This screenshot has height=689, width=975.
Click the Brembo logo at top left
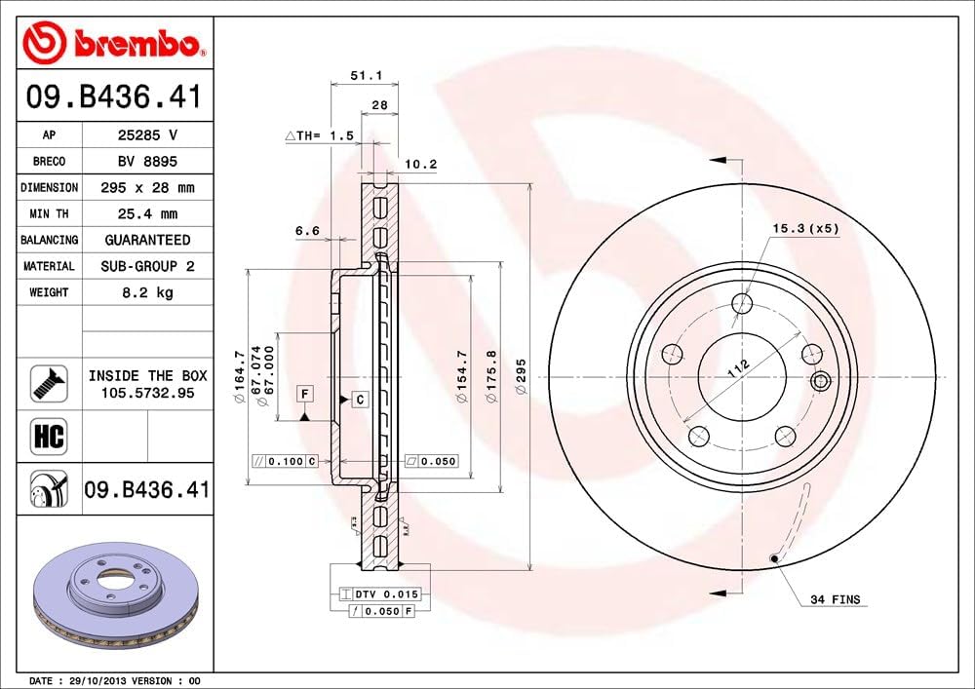pyautogui.click(x=114, y=42)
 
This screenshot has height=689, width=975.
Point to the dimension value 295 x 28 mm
pyautogui.click(x=146, y=187)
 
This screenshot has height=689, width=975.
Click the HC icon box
pyautogui.click(x=49, y=436)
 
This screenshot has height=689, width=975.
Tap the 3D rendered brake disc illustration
pyautogui.click(x=115, y=593)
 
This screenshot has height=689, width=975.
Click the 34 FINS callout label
pyautogui.click(x=835, y=599)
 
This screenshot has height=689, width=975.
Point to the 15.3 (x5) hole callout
pyautogui.click(x=805, y=228)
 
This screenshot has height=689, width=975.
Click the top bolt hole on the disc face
pyautogui.click(x=742, y=303)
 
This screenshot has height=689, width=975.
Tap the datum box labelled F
pyautogui.click(x=305, y=394)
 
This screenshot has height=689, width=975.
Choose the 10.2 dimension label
pyautogui.click(x=420, y=165)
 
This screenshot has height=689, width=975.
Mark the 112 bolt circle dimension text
pyautogui.click(x=738, y=367)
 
